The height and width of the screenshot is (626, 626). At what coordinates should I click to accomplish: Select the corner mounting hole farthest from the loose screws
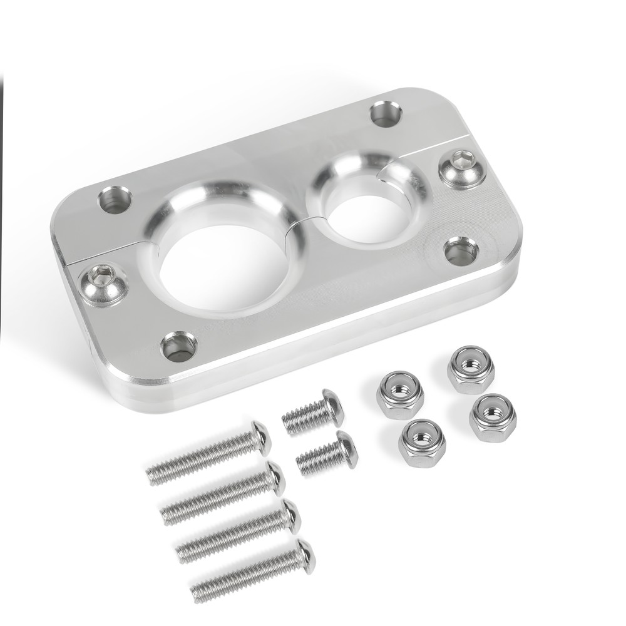386,114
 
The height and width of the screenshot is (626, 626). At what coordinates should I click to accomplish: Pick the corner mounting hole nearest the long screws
178,346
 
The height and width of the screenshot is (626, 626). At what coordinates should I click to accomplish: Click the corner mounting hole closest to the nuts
461,251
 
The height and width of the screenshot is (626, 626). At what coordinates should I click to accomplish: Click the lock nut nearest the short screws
400,394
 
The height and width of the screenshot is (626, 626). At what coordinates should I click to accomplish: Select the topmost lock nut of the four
471,368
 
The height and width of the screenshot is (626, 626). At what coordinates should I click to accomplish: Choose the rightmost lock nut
493,417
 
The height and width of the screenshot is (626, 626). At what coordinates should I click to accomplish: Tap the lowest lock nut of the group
422,438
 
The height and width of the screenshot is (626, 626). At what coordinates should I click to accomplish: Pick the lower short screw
326,455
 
